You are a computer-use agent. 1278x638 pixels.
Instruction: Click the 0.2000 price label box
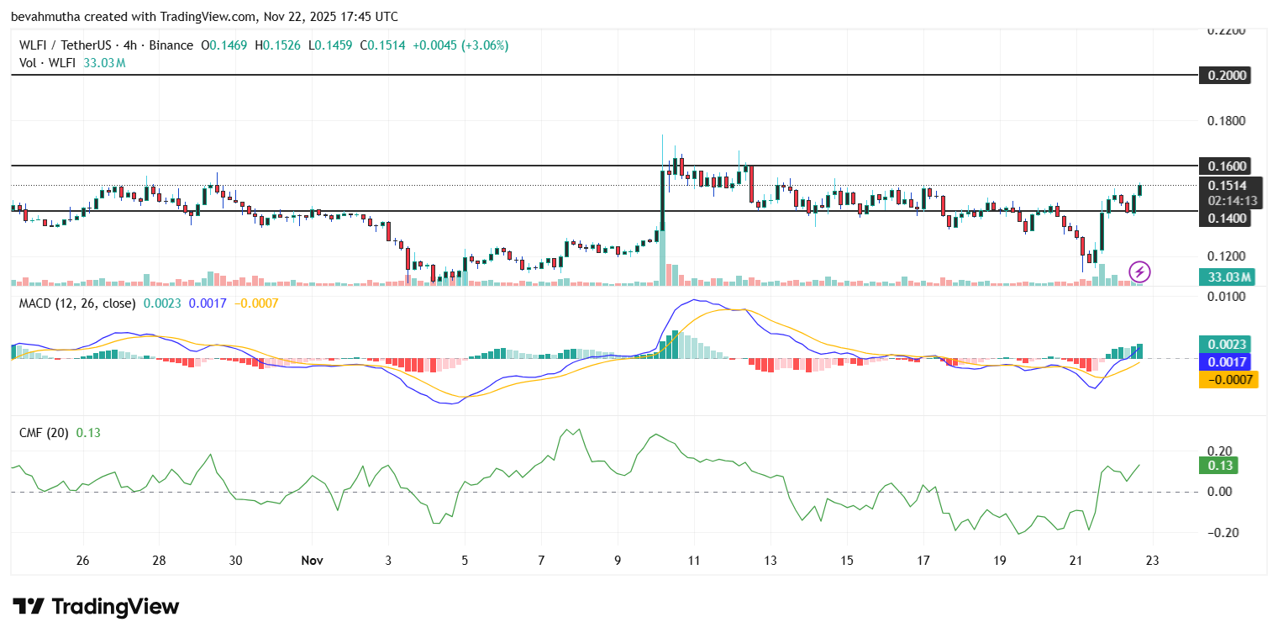point(1228,75)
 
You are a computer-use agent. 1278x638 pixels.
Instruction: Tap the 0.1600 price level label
point(1228,166)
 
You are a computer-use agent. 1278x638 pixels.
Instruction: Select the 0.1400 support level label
point(1228,218)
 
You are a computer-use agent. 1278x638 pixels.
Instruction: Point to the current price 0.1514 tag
point(1228,186)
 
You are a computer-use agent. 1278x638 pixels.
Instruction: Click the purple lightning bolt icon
point(1139,272)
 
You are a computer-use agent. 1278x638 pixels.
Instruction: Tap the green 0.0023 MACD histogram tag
point(1228,344)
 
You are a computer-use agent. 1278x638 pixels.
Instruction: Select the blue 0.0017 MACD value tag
point(1228,361)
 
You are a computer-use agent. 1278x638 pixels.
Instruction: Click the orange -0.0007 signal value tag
point(1228,379)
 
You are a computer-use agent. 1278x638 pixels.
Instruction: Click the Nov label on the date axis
point(312,560)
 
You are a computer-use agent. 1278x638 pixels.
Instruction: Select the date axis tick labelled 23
point(1153,560)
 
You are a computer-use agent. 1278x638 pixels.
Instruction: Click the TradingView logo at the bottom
point(96,607)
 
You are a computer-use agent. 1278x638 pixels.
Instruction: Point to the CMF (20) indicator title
point(45,432)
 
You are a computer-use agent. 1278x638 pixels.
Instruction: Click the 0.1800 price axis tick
point(1227,121)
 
